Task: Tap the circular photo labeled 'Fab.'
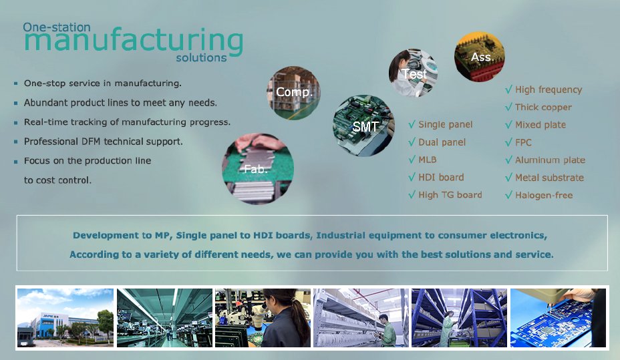coord(258,169)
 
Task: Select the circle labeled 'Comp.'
coord(294,93)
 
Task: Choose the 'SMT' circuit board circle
coord(363,126)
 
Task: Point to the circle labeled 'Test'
coord(414,73)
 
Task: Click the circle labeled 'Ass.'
coord(480,57)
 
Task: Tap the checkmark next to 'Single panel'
coord(412,124)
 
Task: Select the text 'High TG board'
coord(450,195)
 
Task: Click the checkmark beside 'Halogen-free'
coord(508,195)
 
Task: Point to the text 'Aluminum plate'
coord(550,160)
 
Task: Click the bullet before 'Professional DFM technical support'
coord(16,142)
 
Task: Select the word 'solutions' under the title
coord(201,57)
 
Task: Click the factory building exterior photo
coord(65,318)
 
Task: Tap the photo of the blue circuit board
coord(558,318)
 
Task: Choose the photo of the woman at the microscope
coord(263,318)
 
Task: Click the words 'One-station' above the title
coord(57,27)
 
